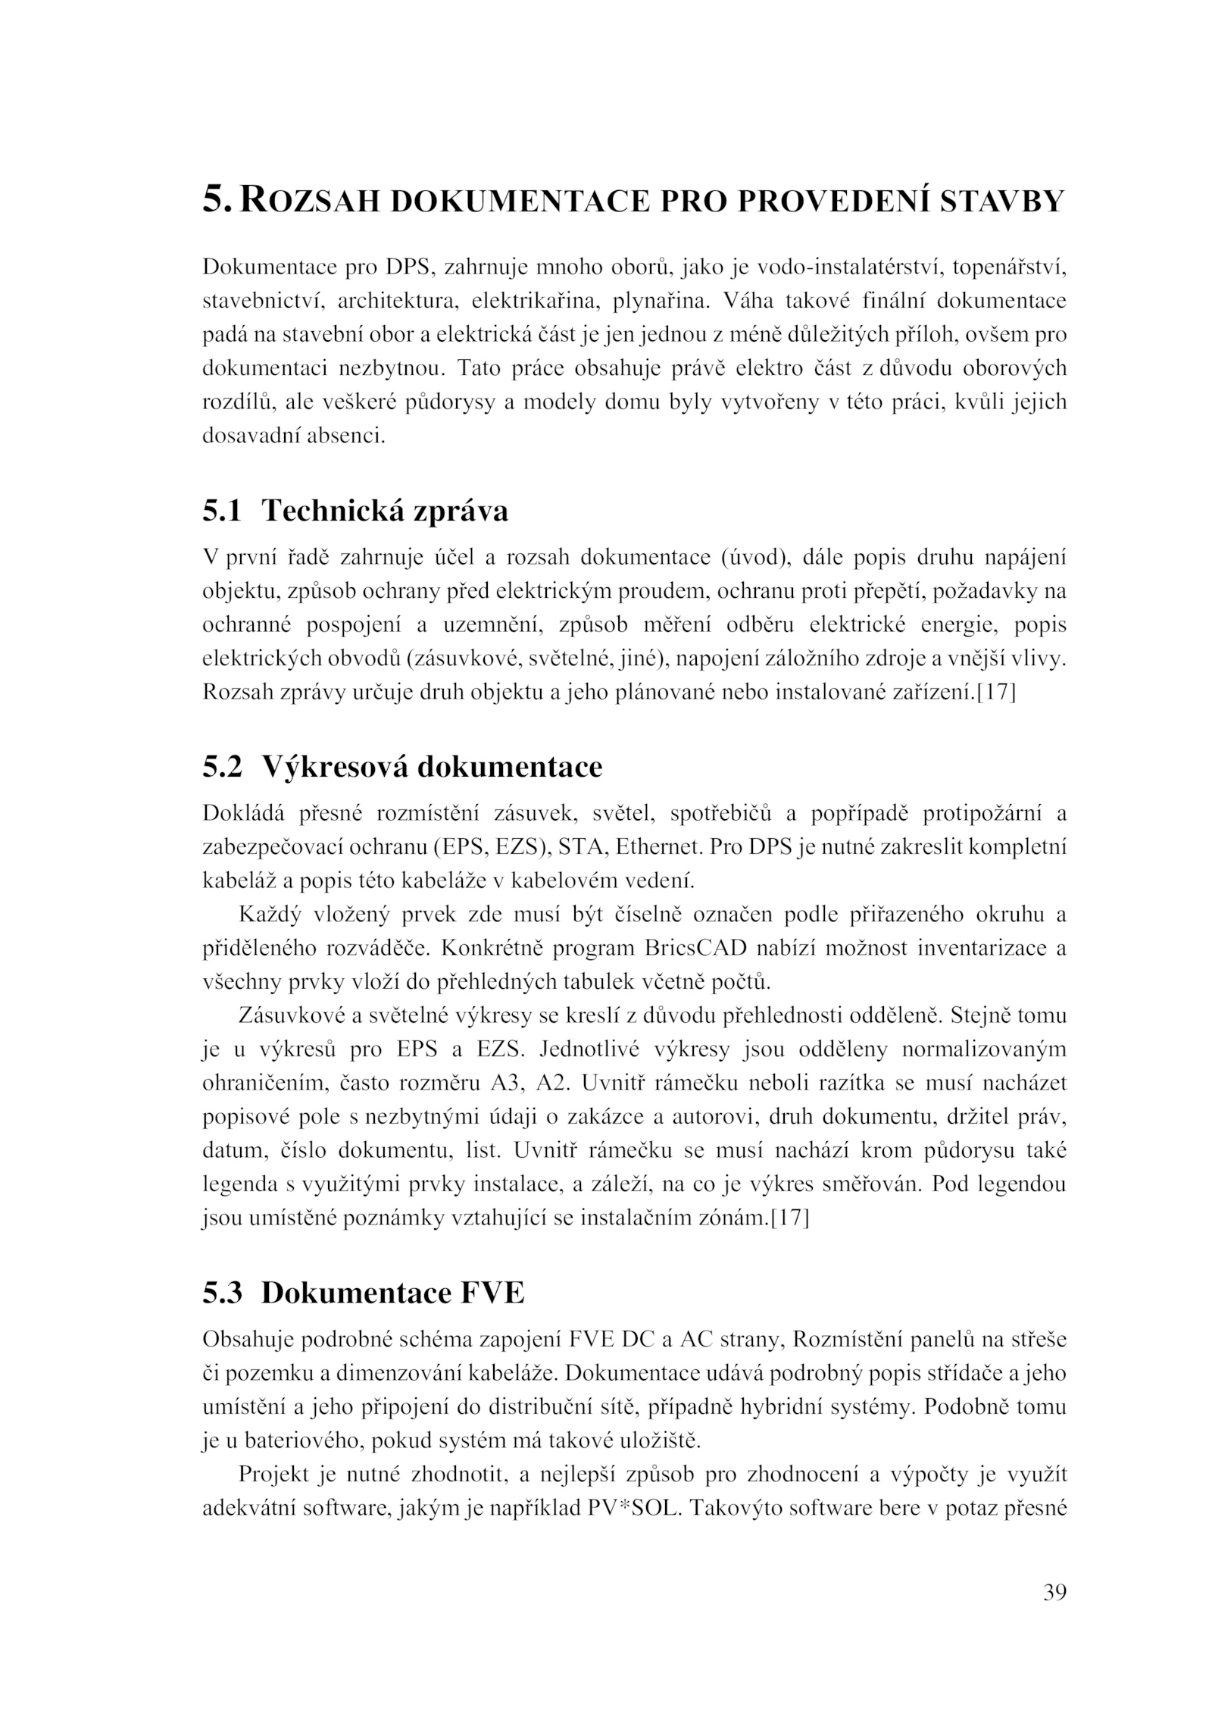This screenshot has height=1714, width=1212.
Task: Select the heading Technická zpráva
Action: (x=384, y=511)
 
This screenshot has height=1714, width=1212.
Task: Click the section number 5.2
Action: (x=222, y=767)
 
